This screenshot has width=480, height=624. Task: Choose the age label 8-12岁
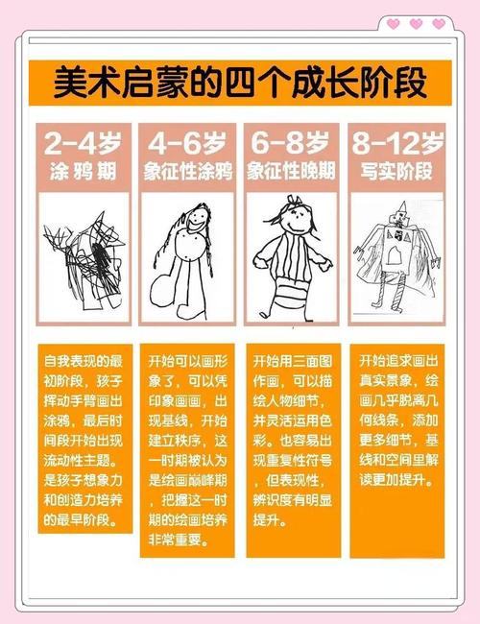(396, 144)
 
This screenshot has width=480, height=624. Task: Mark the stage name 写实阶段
(396, 173)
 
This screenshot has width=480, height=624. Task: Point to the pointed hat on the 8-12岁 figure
(403, 208)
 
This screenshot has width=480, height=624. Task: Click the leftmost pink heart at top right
(393, 24)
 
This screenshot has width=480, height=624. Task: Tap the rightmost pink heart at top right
(439, 24)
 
